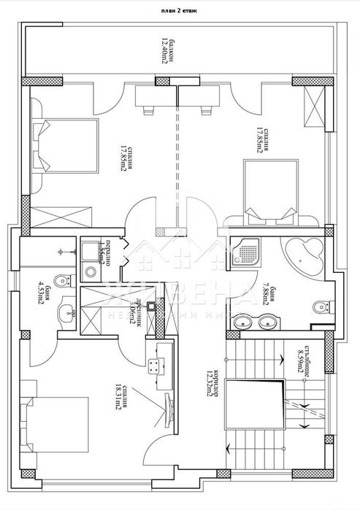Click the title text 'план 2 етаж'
click(x=180, y=11)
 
